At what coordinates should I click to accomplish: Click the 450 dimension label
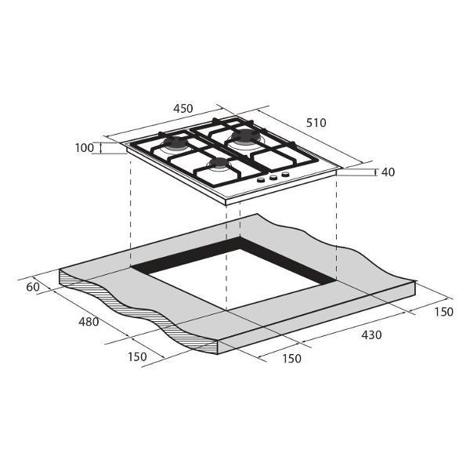pyautogui.click(x=183, y=109)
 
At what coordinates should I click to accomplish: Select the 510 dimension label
pyautogui.click(x=316, y=123)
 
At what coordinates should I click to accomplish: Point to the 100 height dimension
pyautogui.click(x=85, y=148)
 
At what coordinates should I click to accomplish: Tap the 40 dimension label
pyautogui.click(x=388, y=172)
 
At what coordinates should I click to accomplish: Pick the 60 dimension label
pyautogui.click(x=33, y=287)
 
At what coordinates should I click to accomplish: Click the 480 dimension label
pyautogui.click(x=89, y=322)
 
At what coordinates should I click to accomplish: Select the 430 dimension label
pyautogui.click(x=371, y=334)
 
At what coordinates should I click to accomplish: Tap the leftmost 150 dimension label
pyautogui.click(x=137, y=356)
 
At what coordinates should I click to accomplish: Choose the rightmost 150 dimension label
pyautogui.click(x=443, y=312)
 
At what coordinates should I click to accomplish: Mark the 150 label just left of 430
pyautogui.click(x=291, y=358)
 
